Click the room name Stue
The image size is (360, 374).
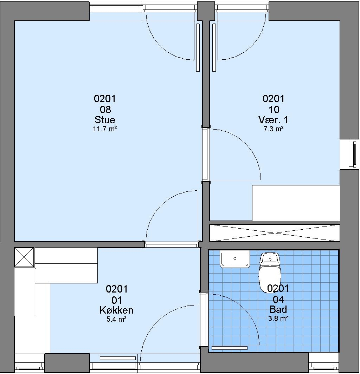[105, 119]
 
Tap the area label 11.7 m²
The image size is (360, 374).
[105, 129]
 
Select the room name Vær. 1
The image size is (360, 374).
[274, 119]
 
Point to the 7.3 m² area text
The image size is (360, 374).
[274, 129]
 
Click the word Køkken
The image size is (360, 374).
[116, 310]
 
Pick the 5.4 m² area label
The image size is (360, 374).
[116, 319]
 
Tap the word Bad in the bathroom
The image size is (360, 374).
[278, 309]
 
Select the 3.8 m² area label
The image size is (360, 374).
[278, 319]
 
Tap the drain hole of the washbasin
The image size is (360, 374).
[235, 258]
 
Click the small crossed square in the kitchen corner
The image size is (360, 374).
[24, 257]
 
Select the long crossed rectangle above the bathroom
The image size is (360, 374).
[275, 233]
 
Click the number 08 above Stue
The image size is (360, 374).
[105, 110]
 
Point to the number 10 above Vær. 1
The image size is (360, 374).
[274, 110]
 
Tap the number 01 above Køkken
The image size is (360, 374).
[117, 300]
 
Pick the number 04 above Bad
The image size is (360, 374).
[278, 299]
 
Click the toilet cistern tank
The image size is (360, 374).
[270, 258]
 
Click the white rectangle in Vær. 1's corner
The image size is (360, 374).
[296, 203]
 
